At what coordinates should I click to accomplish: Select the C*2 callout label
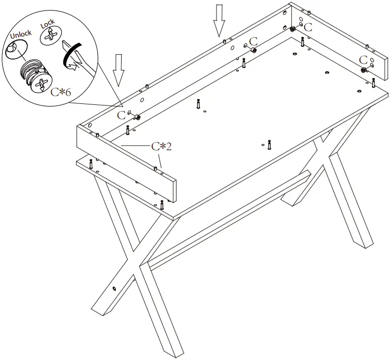[x=161, y=146]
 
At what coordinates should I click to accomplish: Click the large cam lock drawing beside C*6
[x=35, y=76]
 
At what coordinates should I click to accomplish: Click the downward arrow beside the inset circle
[x=119, y=70]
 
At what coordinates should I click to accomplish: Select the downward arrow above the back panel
[x=219, y=20]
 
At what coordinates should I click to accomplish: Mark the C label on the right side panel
[x=363, y=59]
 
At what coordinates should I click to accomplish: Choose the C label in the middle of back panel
[x=253, y=41]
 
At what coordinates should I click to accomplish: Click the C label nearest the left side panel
[x=122, y=114]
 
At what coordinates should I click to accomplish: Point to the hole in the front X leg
[x=114, y=288]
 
